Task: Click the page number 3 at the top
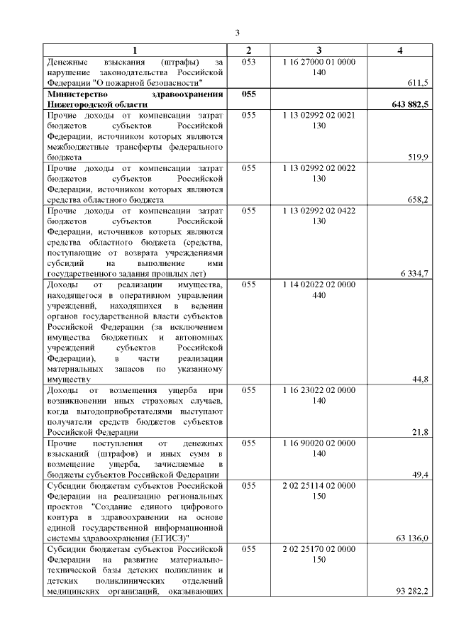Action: pyautogui.click(x=238, y=32)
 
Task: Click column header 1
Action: pyautogui.click(x=135, y=50)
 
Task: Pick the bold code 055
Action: pyautogui.click(x=248, y=94)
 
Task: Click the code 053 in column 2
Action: pyautogui.click(x=248, y=62)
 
